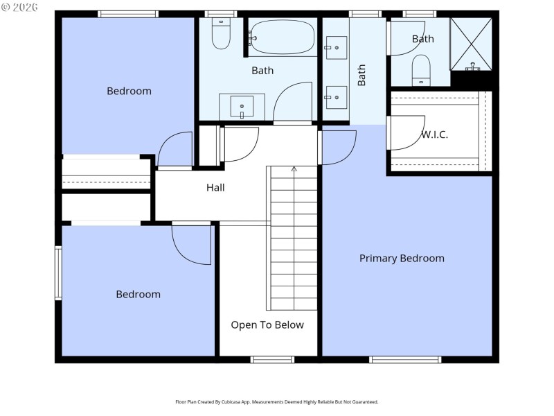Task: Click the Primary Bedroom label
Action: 402,259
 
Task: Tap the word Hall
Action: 215,187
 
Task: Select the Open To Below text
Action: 267,324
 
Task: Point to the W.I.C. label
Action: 434,135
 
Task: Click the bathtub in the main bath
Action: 283,37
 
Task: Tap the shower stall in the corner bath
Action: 472,44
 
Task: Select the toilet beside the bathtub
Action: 221,35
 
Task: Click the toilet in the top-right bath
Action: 420,70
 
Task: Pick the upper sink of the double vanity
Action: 336,48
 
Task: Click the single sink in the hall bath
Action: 242,107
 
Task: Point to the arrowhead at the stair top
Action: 294,168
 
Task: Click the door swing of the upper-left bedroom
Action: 175,150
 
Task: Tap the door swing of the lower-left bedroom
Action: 193,245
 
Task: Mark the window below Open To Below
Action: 272,359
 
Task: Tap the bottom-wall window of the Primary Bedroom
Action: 405,359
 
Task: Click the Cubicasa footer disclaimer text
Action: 277,402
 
